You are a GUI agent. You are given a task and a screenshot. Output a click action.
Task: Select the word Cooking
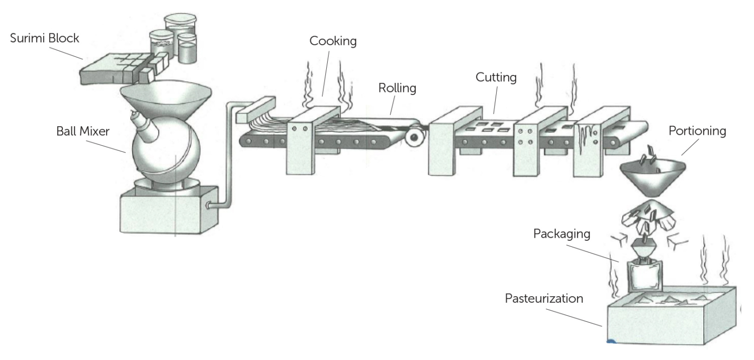coord(333,41)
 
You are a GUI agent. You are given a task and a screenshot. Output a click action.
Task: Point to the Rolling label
coord(398,88)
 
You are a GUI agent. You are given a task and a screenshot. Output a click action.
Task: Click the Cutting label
coord(496,78)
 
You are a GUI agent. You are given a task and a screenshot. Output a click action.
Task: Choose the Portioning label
coord(697,131)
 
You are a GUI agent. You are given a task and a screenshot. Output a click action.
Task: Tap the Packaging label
coord(561,234)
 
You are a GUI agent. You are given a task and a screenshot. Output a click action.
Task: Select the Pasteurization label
coord(544,299)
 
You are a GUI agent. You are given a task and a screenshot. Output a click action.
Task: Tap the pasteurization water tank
coord(674,319)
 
